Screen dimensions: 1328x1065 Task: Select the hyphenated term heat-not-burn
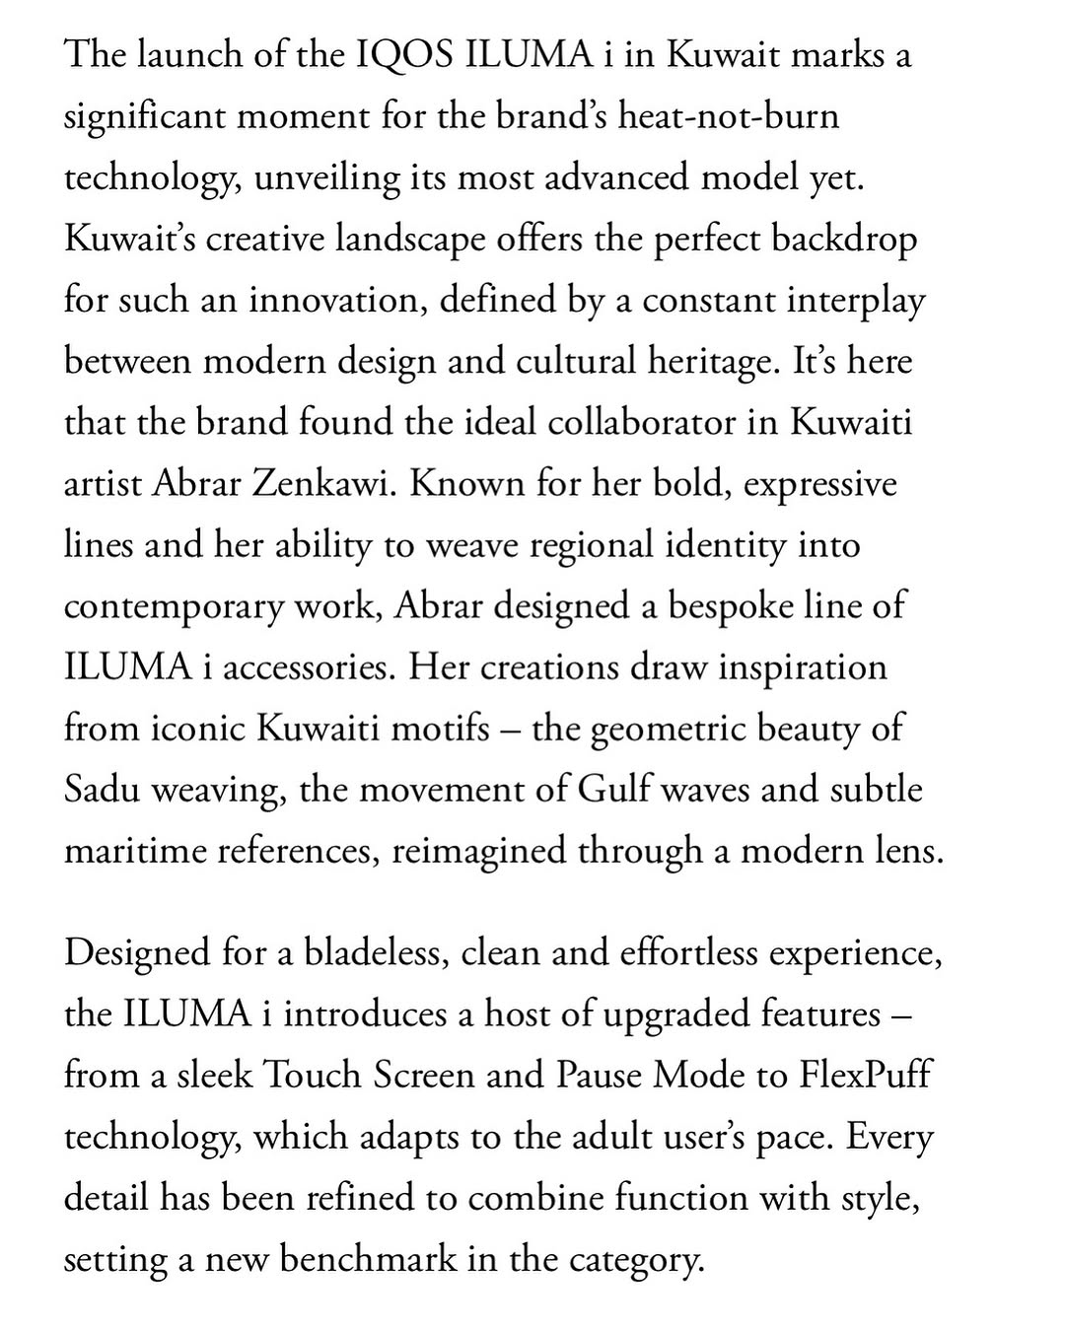point(728,116)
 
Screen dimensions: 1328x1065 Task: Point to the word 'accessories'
point(311,667)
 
